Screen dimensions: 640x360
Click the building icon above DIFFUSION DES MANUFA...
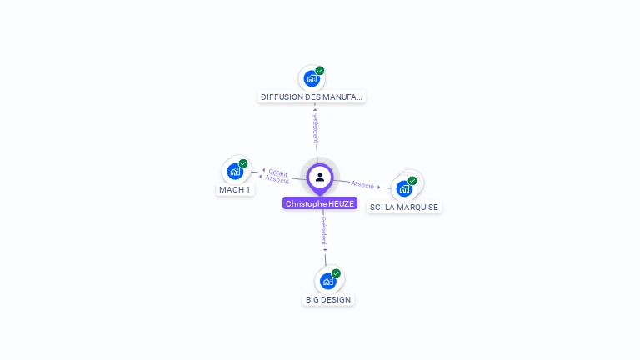(311, 79)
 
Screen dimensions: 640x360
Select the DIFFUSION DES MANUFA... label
(312, 97)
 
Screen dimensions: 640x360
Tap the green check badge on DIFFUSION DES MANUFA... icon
(320, 71)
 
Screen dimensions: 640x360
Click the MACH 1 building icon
(235, 172)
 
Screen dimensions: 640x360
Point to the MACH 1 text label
(234, 189)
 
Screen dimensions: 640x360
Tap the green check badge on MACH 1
(243, 163)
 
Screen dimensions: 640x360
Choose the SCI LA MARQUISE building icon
(404, 189)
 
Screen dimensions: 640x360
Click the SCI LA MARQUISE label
(404, 207)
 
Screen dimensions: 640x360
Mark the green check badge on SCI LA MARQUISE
(412, 181)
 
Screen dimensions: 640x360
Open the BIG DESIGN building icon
(327, 282)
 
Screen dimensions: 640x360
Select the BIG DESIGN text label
(328, 299)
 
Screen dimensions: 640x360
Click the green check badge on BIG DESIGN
(336, 273)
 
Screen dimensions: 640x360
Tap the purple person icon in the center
(320, 177)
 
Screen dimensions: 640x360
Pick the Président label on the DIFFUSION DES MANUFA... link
(315, 129)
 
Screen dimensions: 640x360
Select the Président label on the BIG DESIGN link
(324, 230)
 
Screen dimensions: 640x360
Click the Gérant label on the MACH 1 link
(278, 172)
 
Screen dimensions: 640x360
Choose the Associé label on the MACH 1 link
(277, 179)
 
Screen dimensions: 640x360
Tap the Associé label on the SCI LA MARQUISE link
(362, 184)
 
